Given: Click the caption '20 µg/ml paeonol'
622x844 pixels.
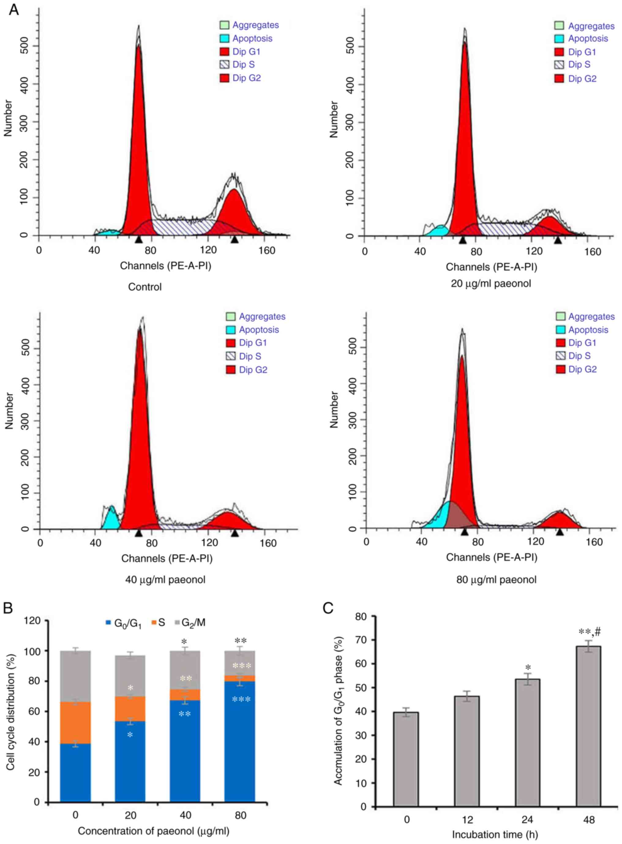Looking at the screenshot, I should point(491,283).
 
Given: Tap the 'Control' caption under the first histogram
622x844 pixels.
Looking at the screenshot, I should point(145,287).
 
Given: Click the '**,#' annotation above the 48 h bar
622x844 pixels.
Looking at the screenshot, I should point(589,632).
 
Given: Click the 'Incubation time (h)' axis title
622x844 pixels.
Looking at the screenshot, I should point(494,834).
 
